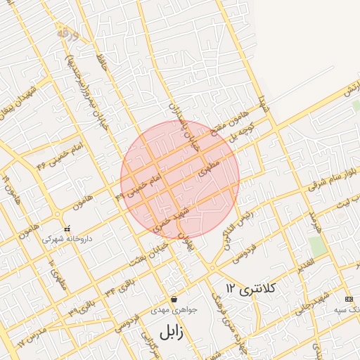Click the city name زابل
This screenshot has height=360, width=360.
pos(171,331)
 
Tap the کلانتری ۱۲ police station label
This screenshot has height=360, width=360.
pos(252,288)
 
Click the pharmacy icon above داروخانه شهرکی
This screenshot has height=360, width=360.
pos(67,229)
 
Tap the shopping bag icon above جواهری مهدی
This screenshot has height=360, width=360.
pos(174,299)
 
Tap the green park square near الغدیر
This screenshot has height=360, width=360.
pos(317,247)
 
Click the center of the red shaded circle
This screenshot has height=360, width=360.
pos(180,179)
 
